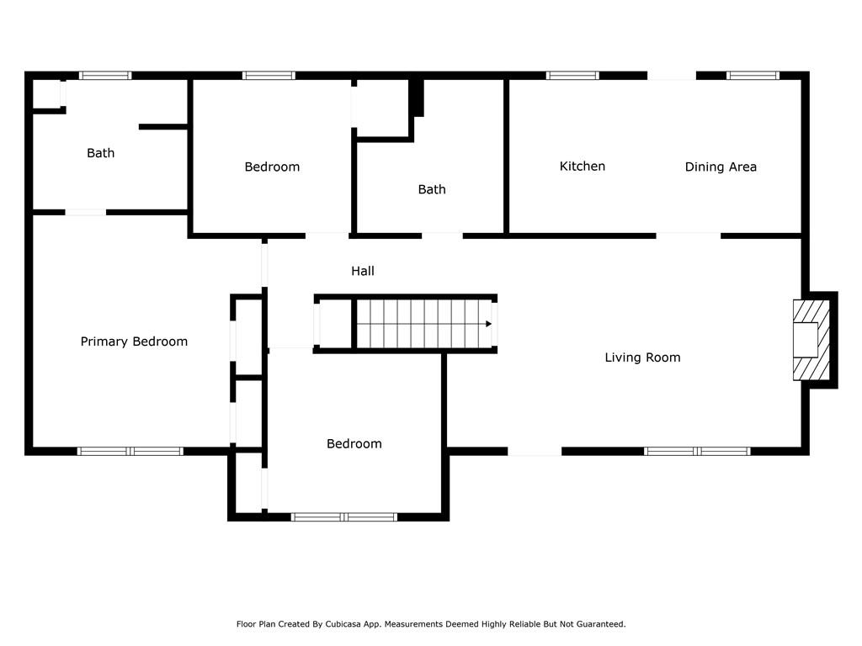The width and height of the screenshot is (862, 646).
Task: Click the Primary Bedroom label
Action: tap(134, 342)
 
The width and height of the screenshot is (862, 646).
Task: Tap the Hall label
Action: tap(363, 271)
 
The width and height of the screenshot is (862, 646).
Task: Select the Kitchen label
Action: tap(583, 166)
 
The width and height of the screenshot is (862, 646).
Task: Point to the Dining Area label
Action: tap(721, 167)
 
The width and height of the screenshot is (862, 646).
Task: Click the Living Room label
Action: tap(642, 357)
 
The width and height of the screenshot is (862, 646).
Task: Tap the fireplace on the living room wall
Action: tap(811, 340)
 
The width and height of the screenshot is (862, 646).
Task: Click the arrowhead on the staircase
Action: tap(488, 324)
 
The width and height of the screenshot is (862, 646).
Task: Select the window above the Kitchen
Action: tap(572, 75)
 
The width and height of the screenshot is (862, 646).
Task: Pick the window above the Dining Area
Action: tap(753, 75)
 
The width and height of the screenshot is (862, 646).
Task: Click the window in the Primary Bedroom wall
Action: tap(130, 452)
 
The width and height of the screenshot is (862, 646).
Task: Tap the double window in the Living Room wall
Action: tap(697, 452)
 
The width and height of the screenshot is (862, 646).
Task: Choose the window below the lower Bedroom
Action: tap(344, 517)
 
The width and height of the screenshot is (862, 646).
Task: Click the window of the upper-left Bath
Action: tap(105, 75)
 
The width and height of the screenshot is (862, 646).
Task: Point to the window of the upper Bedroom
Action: tap(269, 75)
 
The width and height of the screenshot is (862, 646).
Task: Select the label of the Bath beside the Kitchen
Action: tap(432, 189)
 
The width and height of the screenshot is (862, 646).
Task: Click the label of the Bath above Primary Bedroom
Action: tap(101, 153)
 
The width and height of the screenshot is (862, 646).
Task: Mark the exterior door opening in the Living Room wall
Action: tap(535, 452)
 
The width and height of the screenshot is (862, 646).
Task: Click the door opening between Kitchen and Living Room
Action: tap(689, 236)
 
